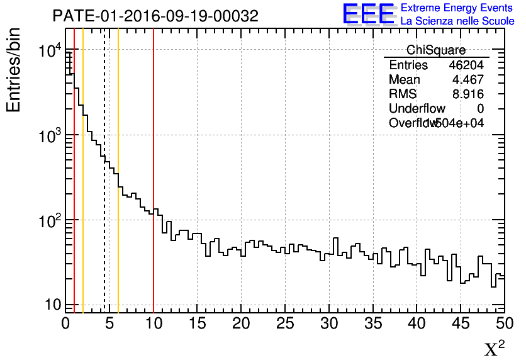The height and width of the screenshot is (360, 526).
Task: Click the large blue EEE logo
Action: tap(369, 14)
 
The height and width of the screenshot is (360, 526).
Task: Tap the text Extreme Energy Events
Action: tap(457, 8)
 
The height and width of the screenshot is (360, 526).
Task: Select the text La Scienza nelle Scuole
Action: tap(457, 21)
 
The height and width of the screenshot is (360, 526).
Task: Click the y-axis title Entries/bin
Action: tap(14, 70)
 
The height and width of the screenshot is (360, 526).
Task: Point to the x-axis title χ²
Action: tap(495, 348)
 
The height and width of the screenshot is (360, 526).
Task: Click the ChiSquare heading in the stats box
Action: tap(436, 50)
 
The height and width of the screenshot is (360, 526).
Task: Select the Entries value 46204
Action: tap(466, 65)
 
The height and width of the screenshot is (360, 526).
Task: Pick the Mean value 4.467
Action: tap(468, 80)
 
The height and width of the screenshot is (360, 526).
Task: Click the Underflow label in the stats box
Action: tap(417, 109)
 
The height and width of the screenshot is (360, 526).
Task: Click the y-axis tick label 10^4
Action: tap(50, 51)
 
